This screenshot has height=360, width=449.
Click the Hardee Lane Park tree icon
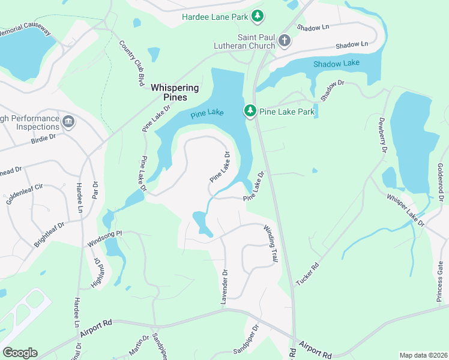(x=258, y=16)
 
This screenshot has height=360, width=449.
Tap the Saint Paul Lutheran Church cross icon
(x=284, y=41)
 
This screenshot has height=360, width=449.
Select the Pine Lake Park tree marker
(x=250, y=111)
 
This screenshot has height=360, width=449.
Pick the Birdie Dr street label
(x=43, y=137)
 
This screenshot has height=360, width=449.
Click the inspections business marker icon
(x=68, y=122)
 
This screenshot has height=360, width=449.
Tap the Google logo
(x=20, y=353)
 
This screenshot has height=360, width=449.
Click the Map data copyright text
(x=423, y=355)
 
